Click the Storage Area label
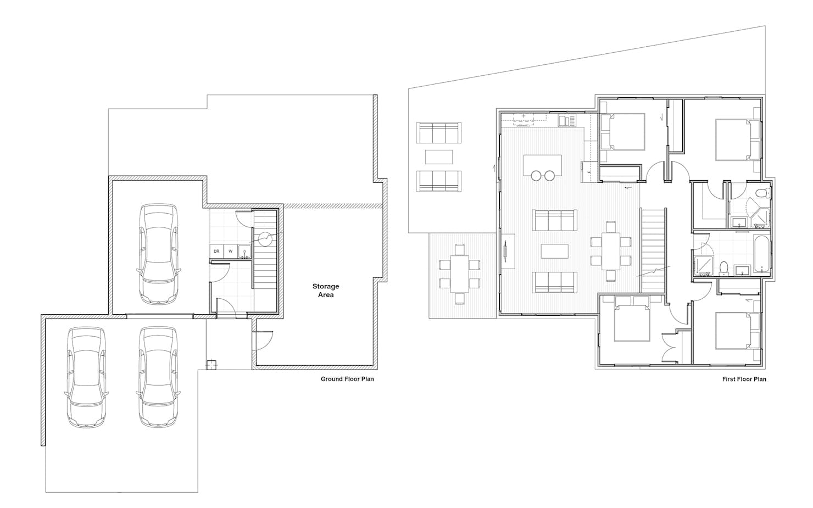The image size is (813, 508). (326, 291)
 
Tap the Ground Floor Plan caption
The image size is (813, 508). (347, 379)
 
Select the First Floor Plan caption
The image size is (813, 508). (744, 379)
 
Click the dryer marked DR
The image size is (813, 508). (216, 251)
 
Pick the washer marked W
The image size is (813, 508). (230, 251)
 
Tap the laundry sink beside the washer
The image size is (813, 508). (244, 252)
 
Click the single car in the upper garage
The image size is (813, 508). (159, 254)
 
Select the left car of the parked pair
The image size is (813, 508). (86, 377)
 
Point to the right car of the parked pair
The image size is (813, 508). (158, 377)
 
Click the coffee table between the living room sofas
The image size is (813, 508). (554, 251)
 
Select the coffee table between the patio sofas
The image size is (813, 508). (439, 157)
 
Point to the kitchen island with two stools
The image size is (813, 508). (543, 165)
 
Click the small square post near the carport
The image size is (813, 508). (211, 364)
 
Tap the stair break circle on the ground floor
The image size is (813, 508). (265, 239)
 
